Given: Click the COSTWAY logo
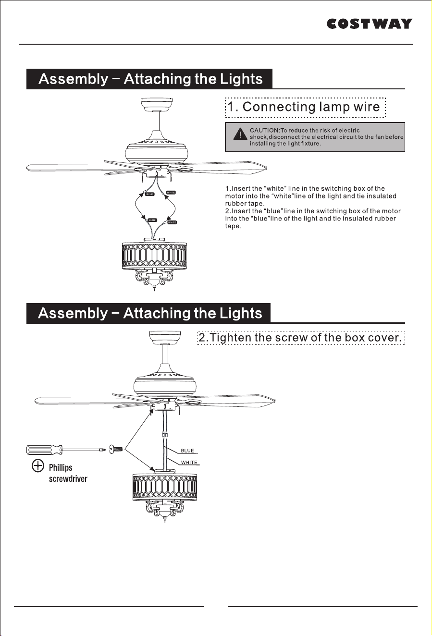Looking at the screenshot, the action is pos(369,24).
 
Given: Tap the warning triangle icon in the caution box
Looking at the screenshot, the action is pos(240,135).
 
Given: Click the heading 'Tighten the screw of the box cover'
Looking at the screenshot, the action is pos(301,338).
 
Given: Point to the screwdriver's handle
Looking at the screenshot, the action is pos(44,450).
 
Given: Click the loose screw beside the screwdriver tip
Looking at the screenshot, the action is pos(116,449).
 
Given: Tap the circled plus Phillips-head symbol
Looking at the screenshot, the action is pos(38,465).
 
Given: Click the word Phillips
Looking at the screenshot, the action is pos(61,467).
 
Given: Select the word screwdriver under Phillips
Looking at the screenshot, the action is pos(68,479).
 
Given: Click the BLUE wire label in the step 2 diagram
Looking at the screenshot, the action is pos(187,451).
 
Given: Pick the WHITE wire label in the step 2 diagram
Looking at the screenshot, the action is pos(189,462).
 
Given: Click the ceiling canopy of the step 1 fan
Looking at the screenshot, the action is pos(157,105).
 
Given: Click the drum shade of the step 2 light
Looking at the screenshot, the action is pos(165,487).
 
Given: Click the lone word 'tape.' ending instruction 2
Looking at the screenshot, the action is pos(233,226).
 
